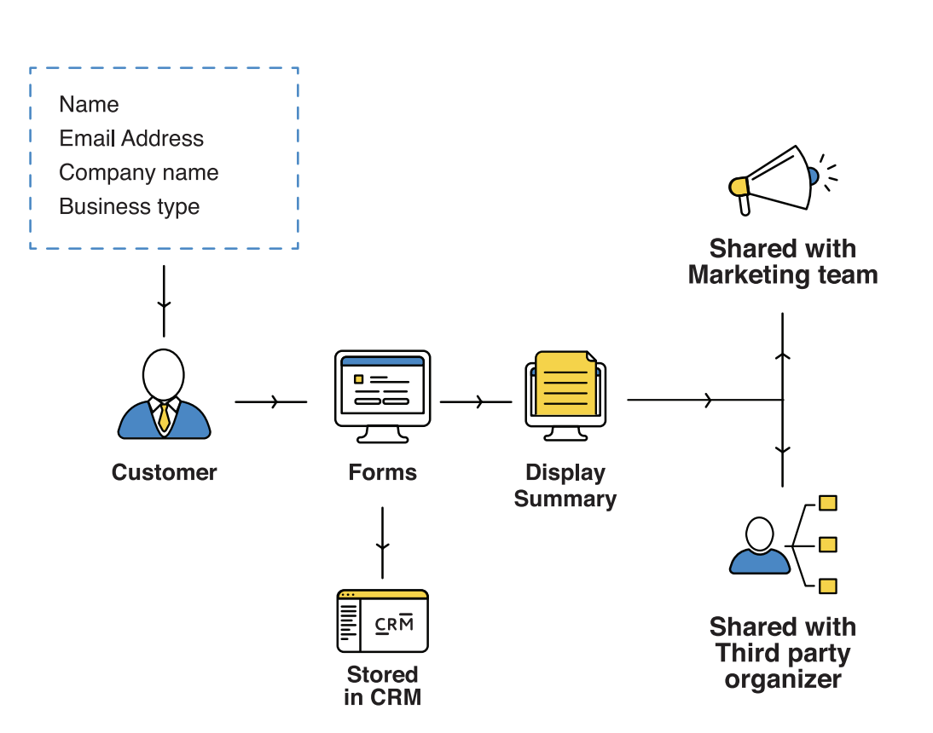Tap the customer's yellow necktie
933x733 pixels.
click(164, 417)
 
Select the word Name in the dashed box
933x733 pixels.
click(89, 105)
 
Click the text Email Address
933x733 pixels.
click(131, 139)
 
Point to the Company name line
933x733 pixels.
click(138, 173)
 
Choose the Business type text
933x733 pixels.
click(129, 207)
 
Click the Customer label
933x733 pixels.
click(164, 472)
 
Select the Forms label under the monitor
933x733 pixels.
click(382, 472)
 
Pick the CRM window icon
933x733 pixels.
click(382, 620)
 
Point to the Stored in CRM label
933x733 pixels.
click(382, 686)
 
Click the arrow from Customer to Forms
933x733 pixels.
click(271, 401)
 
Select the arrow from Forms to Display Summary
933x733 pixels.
click(477, 401)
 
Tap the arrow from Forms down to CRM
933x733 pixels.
click(382, 542)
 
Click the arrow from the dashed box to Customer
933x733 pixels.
click(164, 302)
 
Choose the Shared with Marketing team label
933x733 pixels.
click(782, 262)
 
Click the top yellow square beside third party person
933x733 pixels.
click(827, 503)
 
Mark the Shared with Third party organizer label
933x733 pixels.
click(782, 653)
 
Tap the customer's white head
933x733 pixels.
click(163, 372)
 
